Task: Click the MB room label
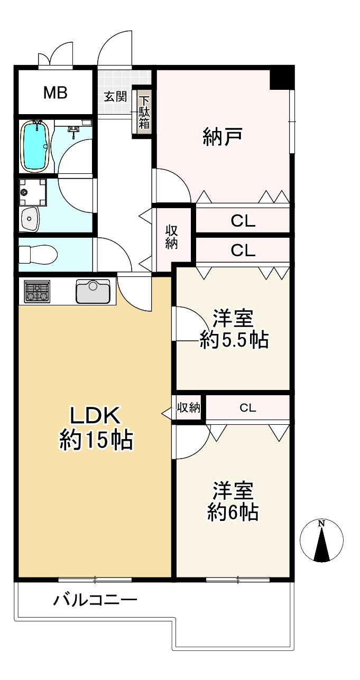(56, 92)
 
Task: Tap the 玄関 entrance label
(115, 97)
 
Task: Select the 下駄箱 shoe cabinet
(144, 113)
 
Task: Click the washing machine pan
(32, 192)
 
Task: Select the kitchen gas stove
(38, 291)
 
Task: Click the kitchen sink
(93, 291)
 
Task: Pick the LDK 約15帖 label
(96, 429)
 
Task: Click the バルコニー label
(95, 600)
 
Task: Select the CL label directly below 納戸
(243, 221)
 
